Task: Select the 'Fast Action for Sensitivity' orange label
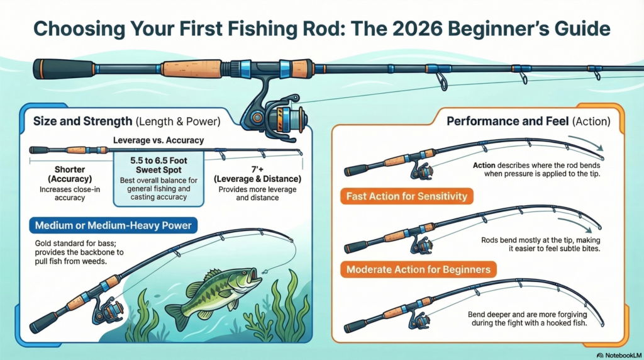click(x=406, y=196)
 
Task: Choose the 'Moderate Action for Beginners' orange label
click(x=417, y=269)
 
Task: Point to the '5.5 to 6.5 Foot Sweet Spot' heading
click(x=159, y=164)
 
